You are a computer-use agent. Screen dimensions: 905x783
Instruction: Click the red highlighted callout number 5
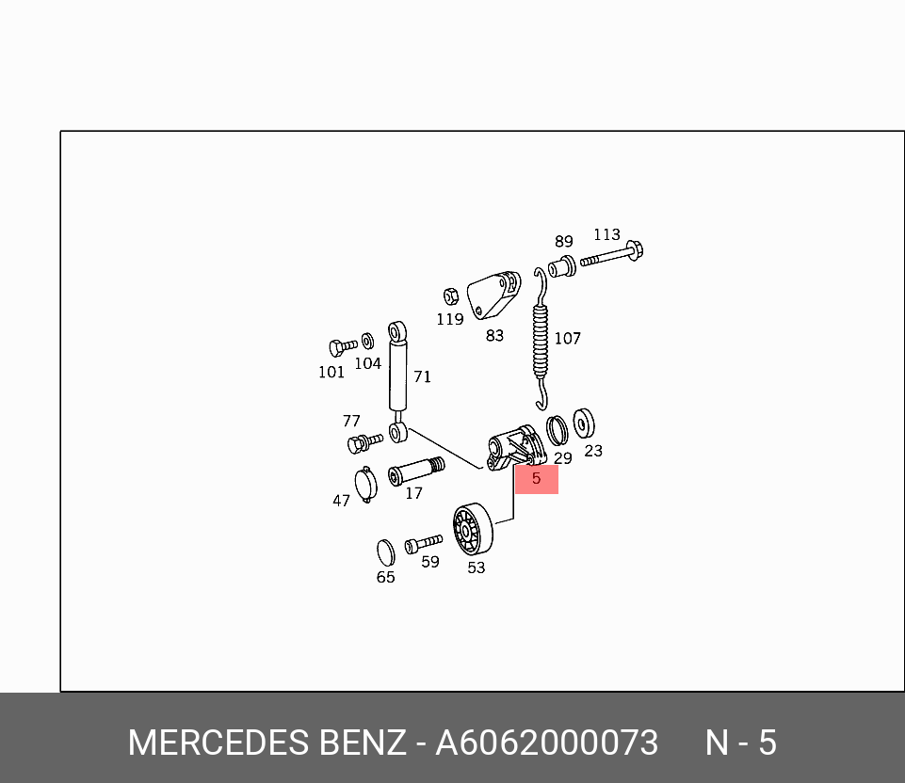[536, 479]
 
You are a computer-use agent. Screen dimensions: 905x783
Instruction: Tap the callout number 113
[606, 234]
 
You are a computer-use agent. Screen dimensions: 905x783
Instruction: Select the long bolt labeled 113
[612, 255]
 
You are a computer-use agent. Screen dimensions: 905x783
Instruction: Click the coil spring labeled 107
[541, 339]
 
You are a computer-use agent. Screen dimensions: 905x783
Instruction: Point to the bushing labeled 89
[561, 266]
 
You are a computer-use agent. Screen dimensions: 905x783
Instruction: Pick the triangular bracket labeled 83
[493, 295]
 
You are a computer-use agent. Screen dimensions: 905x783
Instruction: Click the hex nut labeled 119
[451, 296]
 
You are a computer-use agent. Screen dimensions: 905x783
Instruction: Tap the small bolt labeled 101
[343, 347]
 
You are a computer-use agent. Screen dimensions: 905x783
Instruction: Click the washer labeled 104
[367, 342]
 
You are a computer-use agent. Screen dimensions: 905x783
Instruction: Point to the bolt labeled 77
[364, 443]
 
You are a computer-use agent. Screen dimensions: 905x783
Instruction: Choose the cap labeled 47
[365, 485]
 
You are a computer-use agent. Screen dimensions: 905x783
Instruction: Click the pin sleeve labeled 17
[416, 471]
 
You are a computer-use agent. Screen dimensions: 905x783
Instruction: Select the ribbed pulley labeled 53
[473, 529]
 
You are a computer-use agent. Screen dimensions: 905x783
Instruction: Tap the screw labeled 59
[424, 544]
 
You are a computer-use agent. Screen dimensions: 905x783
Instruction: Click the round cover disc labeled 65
[385, 553]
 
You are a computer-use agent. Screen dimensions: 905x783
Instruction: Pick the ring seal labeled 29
[557, 431]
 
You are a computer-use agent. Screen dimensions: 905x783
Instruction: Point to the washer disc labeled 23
[584, 424]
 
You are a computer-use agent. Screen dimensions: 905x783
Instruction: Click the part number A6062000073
[546, 743]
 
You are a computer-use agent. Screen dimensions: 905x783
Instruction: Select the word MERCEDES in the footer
[218, 743]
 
